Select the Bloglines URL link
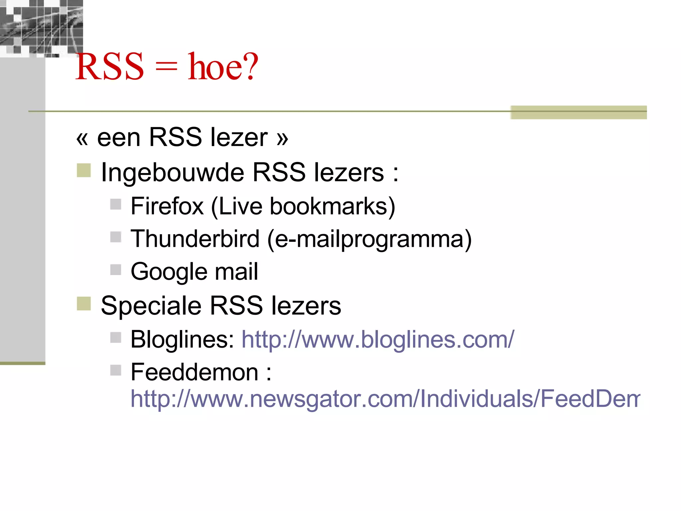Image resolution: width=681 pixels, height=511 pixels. coord(378,340)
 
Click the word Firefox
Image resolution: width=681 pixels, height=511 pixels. coord(167,206)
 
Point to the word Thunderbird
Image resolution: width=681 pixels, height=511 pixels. coord(195,239)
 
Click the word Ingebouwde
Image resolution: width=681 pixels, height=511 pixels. coord(173,173)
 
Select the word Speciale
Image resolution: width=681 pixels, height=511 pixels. coord(151,306)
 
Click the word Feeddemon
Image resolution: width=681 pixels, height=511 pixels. coord(195,372)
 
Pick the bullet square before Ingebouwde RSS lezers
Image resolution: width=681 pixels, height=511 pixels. coord(84,170)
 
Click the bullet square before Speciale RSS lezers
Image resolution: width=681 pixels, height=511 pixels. coord(84,303)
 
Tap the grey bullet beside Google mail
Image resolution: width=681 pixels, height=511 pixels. coord(116,270)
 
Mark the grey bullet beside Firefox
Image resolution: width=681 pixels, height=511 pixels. coord(116,204)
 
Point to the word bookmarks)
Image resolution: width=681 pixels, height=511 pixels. coord(333,206)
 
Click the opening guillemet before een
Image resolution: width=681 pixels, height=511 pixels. coord(82,138)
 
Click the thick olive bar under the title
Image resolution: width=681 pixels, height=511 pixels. coord(579,112)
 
